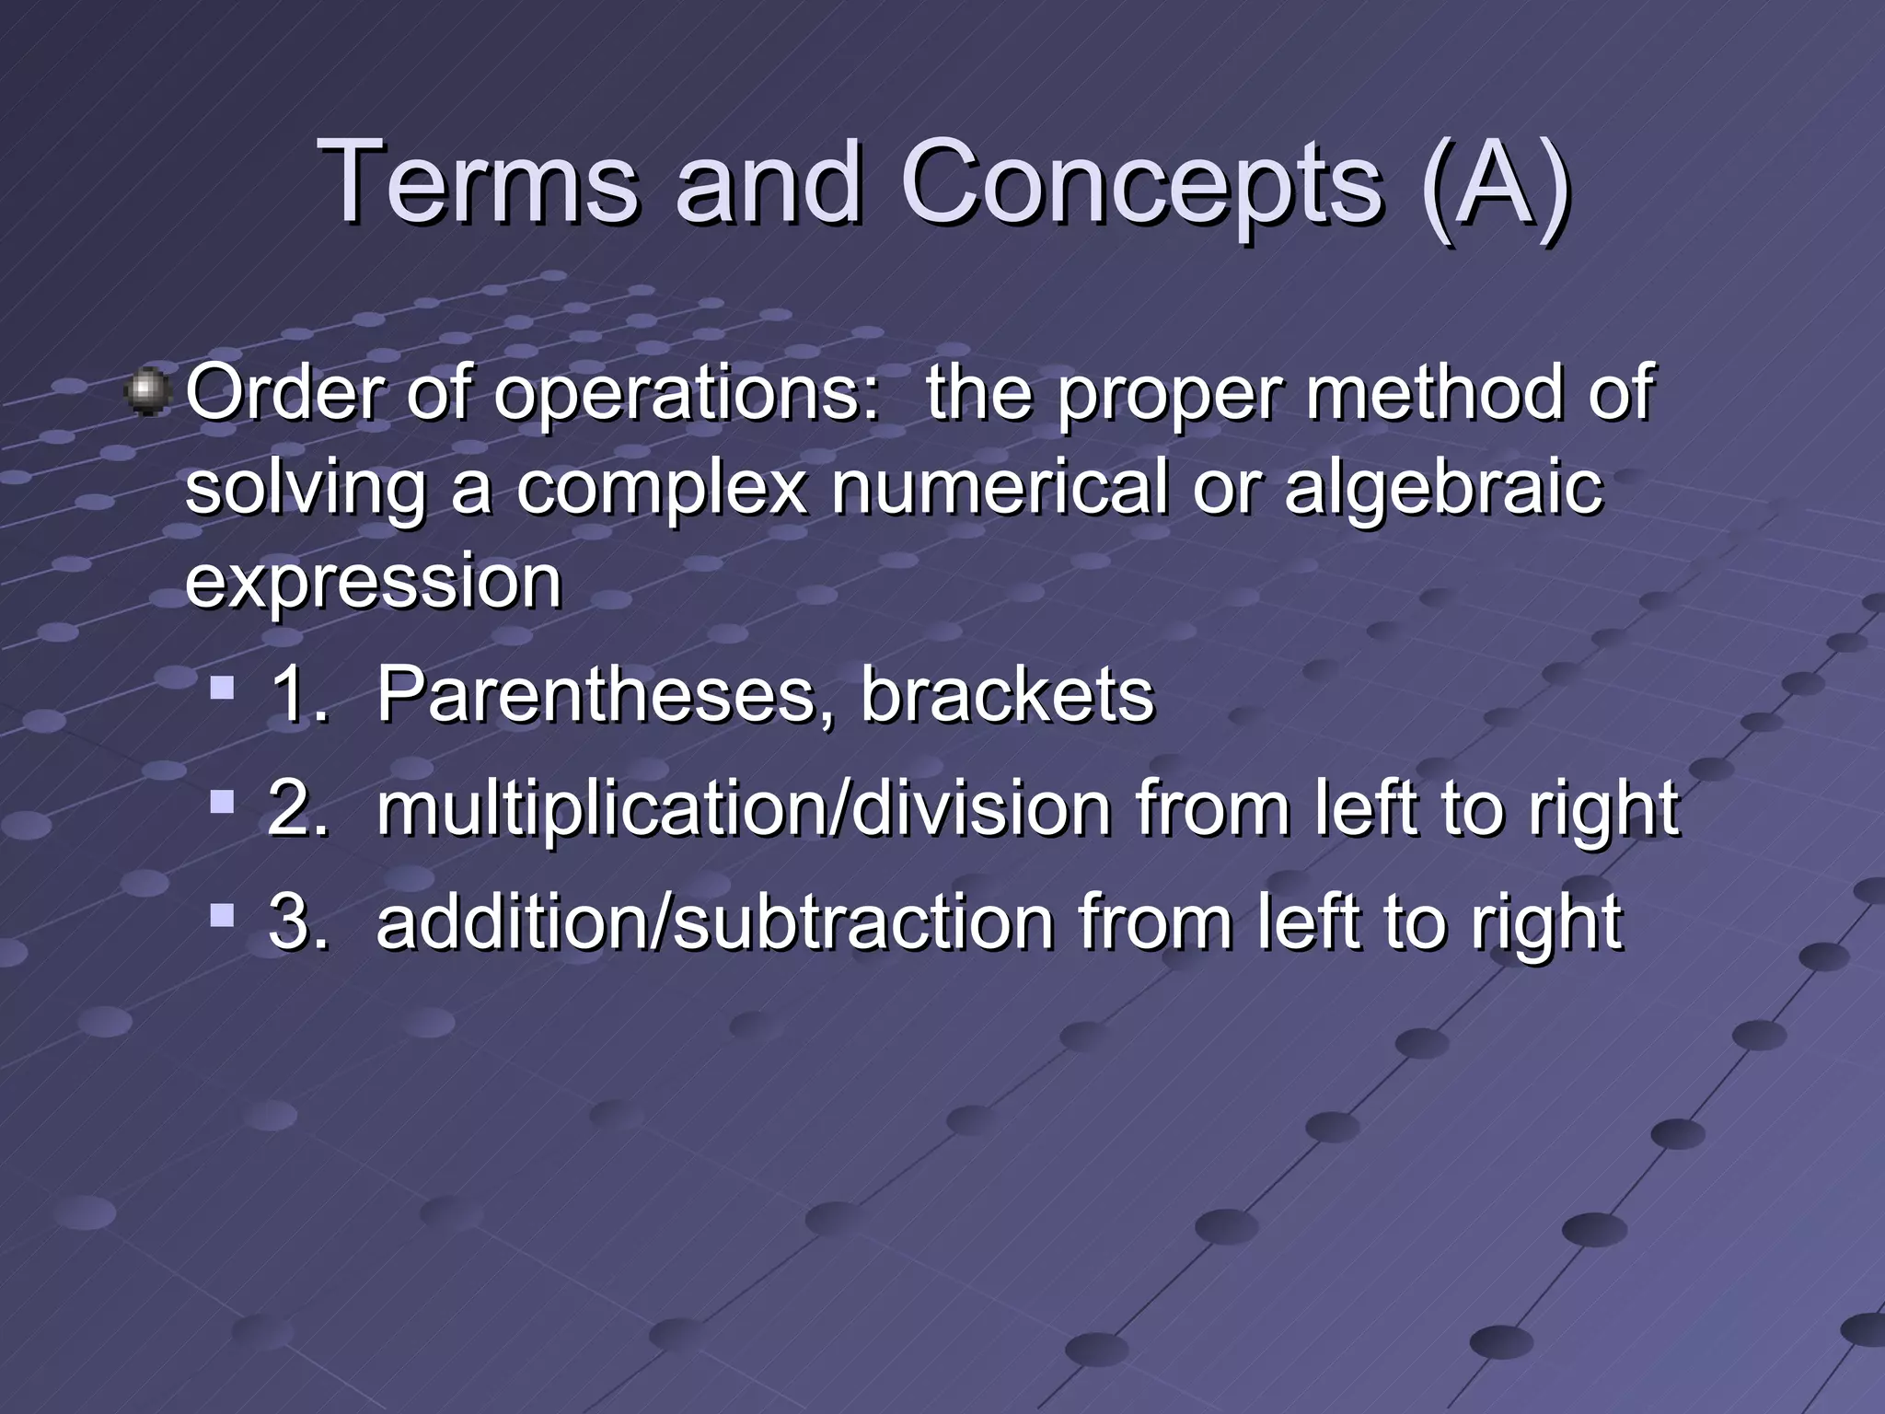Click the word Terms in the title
(479, 181)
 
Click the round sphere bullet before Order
(147, 393)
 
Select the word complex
(661, 490)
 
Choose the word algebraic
(1443, 490)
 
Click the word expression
(373, 583)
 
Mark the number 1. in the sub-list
(298, 695)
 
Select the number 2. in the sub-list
(298, 808)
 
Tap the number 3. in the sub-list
(298, 921)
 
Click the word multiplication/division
(744, 808)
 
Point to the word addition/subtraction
(714, 922)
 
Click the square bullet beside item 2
(221, 802)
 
